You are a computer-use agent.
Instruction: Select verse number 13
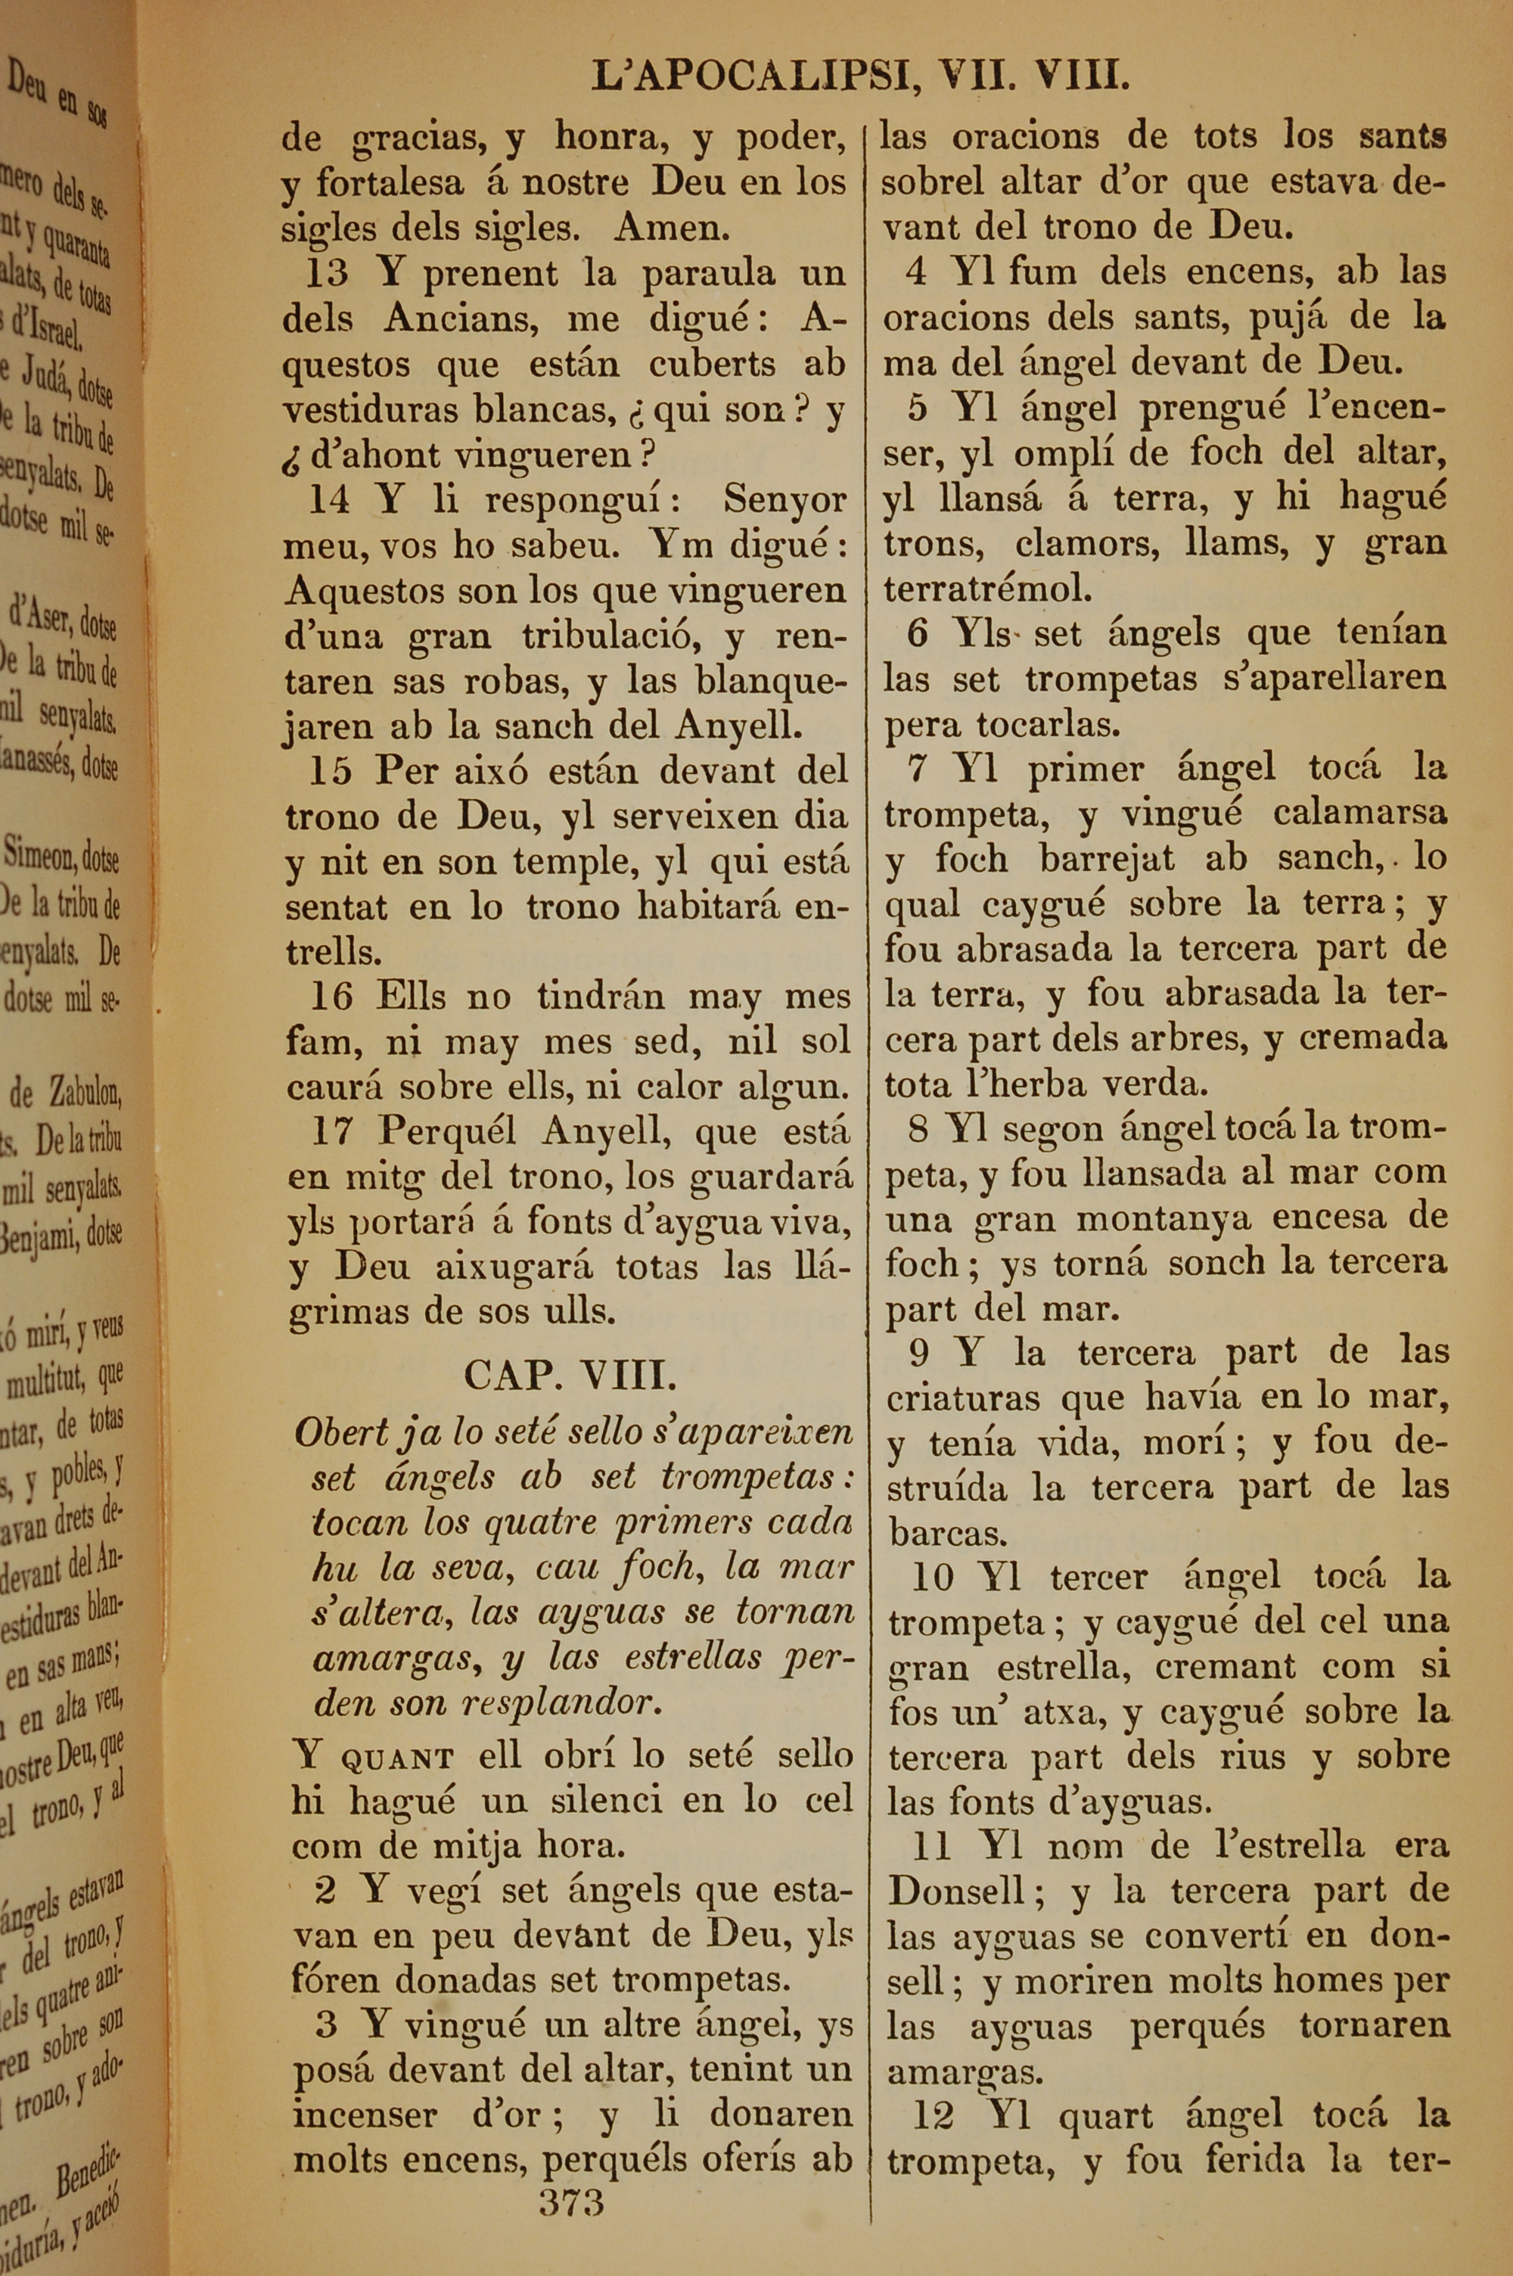326,274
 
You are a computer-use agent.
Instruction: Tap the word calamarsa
1359,813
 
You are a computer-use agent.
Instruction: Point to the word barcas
935,1532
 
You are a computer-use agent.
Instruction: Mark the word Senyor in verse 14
784,501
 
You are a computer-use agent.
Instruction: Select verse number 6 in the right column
918,634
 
